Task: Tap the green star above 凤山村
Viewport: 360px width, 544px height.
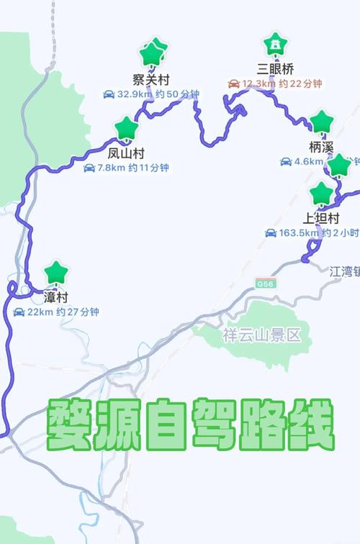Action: (x=127, y=129)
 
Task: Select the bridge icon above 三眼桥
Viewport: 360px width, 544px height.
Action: (x=274, y=45)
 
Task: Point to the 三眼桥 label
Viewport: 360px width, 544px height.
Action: (x=274, y=69)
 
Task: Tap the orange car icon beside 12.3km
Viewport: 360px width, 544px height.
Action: (x=234, y=84)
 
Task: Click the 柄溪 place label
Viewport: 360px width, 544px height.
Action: (x=321, y=147)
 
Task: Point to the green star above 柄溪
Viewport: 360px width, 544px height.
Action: (x=321, y=122)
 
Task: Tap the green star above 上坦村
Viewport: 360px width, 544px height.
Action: (x=321, y=193)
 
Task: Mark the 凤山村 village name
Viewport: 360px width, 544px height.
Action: (x=127, y=153)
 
